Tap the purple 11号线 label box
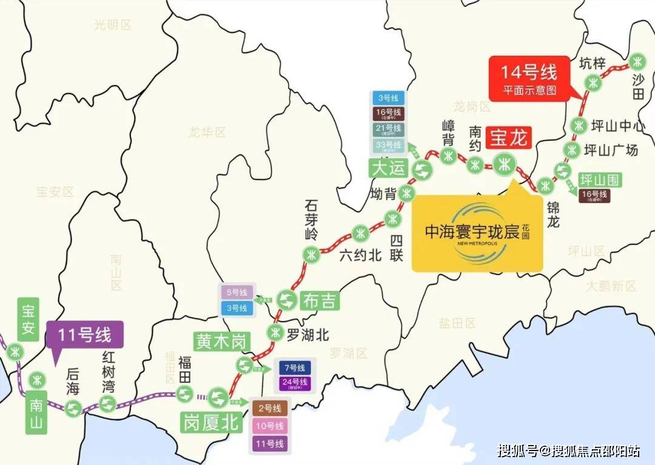[x=84, y=334]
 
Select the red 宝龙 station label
[x=509, y=137]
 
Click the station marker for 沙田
[x=636, y=61]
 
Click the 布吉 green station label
[x=318, y=300]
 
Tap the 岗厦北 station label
[x=211, y=422]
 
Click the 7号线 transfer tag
[x=294, y=368]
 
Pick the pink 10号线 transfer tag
[x=269, y=426]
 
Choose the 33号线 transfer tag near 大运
[x=389, y=145]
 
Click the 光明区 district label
[x=113, y=25]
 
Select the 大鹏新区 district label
[x=611, y=286]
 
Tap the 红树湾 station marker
[x=107, y=403]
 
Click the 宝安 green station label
[x=28, y=318]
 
